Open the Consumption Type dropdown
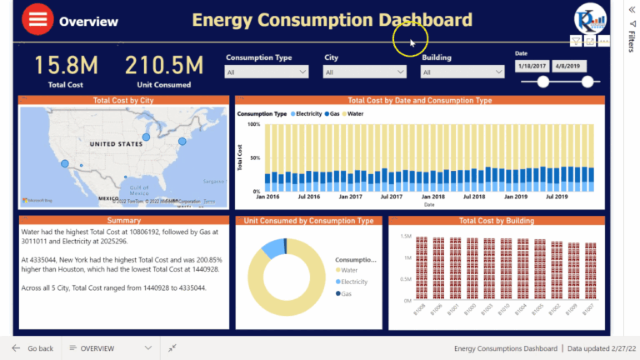coord(268,72)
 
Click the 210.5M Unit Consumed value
coord(164,65)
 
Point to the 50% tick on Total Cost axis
coord(253,157)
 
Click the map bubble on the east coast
coord(182,140)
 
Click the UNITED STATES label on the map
coord(117,144)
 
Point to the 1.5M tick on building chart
coord(406,237)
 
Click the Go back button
coord(33,348)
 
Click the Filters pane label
coord(632,42)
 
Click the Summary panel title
coord(123,221)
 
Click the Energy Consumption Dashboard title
coord(332,20)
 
